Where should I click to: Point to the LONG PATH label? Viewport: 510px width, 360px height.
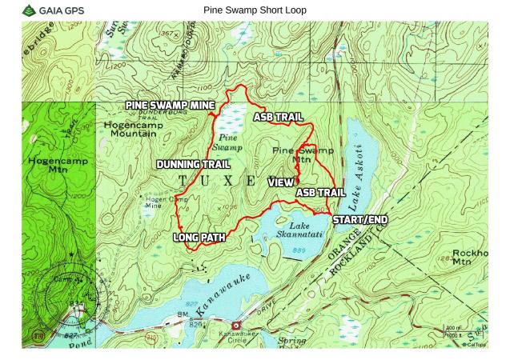click(x=199, y=238)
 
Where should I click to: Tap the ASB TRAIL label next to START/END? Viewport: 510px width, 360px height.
click(x=320, y=193)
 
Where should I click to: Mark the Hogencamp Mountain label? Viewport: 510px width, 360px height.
click(x=131, y=130)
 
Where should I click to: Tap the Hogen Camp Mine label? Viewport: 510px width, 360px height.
click(x=159, y=202)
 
